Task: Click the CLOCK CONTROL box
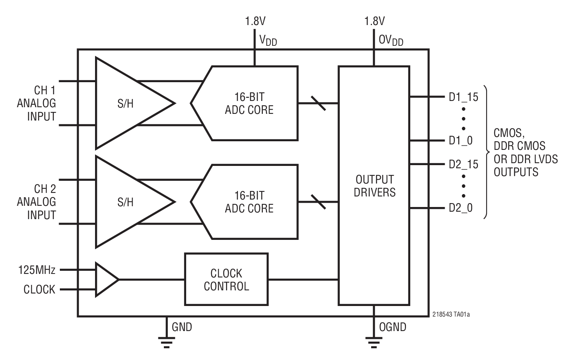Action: (x=226, y=279)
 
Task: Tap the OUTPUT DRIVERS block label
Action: (x=374, y=186)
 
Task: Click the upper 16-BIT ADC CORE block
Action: (x=249, y=103)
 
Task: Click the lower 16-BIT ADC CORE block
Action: (x=249, y=202)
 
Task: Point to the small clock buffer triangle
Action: (x=105, y=279)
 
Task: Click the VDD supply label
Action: (x=268, y=40)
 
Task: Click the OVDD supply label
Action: (x=391, y=40)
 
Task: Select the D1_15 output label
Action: (x=463, y=97)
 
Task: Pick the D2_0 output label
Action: (x=461, y=208)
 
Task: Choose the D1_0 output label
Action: (x=461, y=140)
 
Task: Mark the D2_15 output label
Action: (x=463, y=164)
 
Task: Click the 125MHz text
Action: (x=37, y=270)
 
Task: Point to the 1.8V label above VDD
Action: (x=255, y=21)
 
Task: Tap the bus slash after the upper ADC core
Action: (x=318, y=103)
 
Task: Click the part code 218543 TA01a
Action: (x=451, y=314)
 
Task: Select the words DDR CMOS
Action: (x=519, y=146)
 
